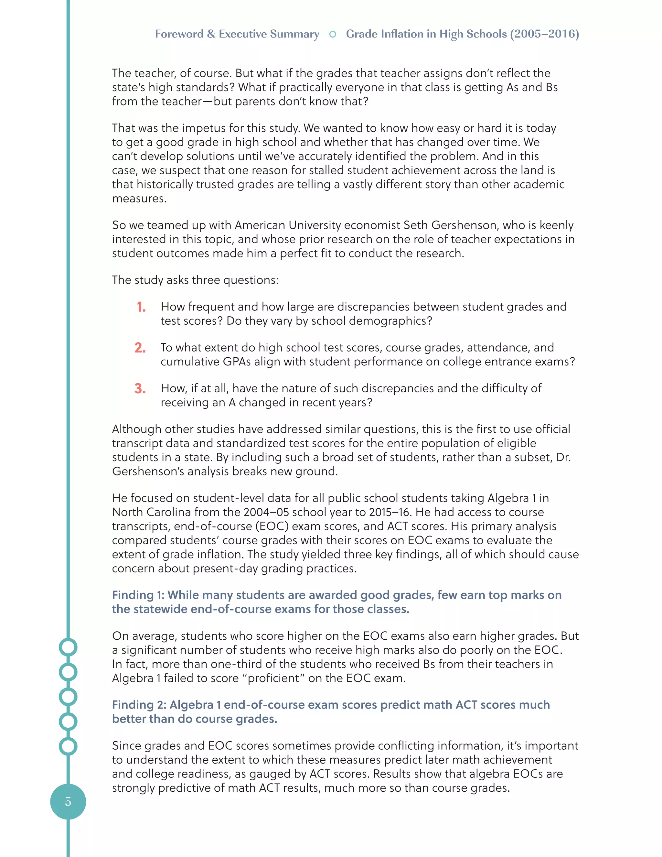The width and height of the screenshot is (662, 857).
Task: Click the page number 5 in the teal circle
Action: point(68,801)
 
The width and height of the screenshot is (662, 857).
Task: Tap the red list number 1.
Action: point(141,307)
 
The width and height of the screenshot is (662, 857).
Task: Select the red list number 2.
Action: point(140,348)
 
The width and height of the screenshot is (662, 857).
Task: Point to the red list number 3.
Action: point(140,388)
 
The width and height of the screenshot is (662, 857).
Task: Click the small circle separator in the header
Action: point(333,34)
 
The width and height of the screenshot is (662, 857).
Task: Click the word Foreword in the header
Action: point(179,34)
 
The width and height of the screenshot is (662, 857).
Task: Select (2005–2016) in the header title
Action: point(544,34)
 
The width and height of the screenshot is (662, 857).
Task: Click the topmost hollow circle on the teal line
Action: point(68,647)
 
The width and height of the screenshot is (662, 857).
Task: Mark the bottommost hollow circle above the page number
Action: point(68,746)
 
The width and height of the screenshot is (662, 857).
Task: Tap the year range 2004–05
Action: point(267,512)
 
